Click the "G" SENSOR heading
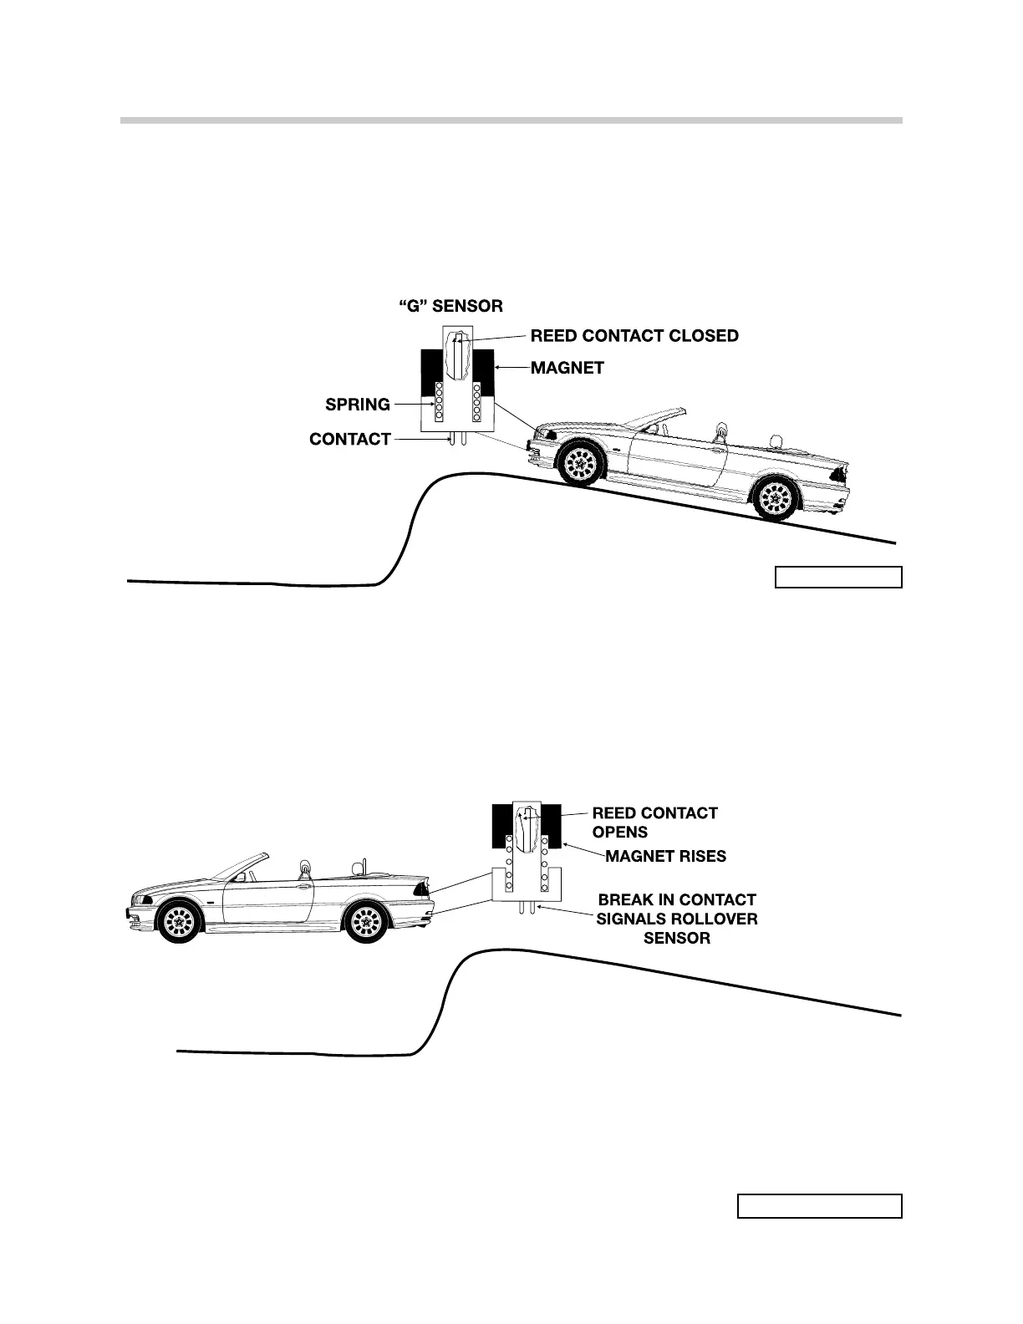[450, 307]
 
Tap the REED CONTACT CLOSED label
[634, 336]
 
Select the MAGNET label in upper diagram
[567, 368]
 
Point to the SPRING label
[358, 405]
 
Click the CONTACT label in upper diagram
[350, 439]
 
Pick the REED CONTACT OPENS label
[654, 822]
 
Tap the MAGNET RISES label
[666, 856]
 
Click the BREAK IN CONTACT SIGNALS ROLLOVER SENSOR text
[677, 919]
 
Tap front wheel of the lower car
[179, 921]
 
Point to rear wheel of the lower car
[368, 921]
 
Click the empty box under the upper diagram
[838, 578]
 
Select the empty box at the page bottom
[819, 1206]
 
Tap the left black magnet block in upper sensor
[432, 371]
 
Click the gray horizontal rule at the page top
[511, 120]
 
